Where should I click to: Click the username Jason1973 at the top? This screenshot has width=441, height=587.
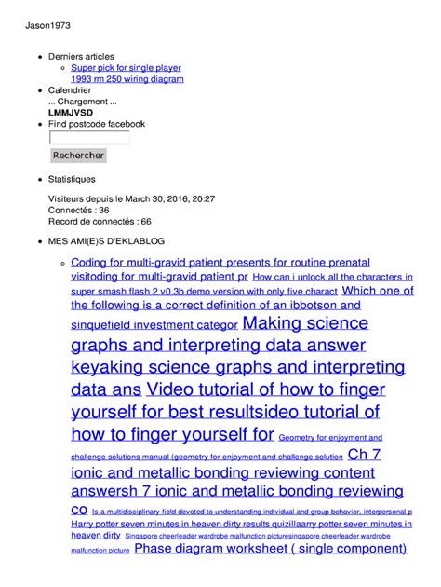[x=45, y=26]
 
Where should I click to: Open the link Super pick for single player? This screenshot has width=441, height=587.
[x=126, y=68]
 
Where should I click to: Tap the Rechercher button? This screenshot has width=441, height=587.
[x=78, y=156]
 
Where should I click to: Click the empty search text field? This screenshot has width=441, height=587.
[x=88, y=138]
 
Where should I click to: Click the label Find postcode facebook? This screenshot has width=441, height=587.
[x=96, y=124]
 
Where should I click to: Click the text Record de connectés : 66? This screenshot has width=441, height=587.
[x=100, y=222]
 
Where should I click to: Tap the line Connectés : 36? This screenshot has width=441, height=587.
[x=78, y=211]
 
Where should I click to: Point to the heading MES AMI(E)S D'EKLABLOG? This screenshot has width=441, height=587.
[x=101, y=240]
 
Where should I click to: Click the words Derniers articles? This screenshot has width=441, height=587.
[x=81, y=57]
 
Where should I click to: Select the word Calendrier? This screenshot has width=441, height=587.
[x=70, y=90]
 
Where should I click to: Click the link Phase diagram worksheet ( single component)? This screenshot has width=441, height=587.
[x=270, y=549]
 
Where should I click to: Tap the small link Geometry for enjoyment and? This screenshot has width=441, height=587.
[x=330, y=437]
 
